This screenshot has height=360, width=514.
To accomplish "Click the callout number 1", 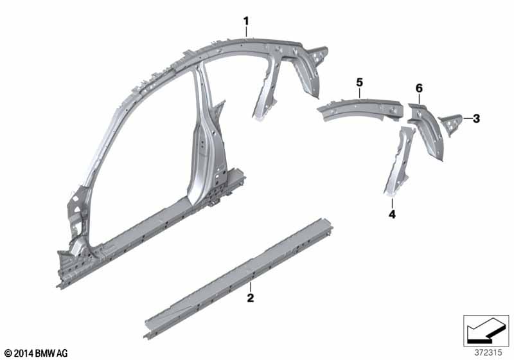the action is click(246, 22).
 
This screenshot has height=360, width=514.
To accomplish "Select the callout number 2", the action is click(251, 298).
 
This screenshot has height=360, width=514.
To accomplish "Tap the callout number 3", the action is click(476, 119).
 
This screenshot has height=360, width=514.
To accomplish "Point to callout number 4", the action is click(392, 215).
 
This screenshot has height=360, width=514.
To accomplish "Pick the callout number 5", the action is click(360, 83).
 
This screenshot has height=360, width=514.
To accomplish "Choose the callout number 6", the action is click(419, 88).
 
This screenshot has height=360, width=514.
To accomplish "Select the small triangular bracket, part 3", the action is click(451, 125).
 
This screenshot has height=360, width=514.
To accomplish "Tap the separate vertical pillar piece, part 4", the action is click(400, 161).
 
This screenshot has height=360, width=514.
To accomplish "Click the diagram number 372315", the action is click(488, 353).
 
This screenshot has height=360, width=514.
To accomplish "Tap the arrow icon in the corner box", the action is click(486, 330).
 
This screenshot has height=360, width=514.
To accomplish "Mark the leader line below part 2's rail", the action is click(251, 287).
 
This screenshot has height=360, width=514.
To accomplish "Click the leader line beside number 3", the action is click(467, 118).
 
